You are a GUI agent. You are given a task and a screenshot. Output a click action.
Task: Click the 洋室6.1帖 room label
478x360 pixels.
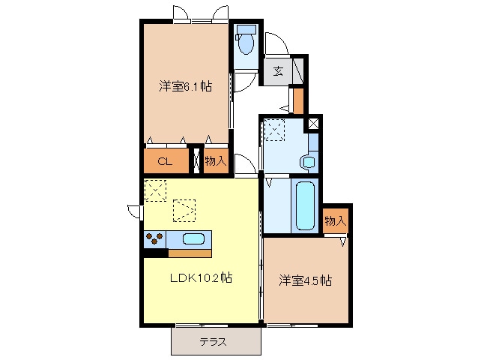coord(185,87)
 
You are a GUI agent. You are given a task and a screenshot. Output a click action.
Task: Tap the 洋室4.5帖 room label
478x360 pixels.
coord(306,280)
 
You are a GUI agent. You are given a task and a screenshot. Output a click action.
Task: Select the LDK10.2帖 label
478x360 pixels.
coord(202,277)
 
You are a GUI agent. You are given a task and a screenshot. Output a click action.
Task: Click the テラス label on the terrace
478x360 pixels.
coord(214,342)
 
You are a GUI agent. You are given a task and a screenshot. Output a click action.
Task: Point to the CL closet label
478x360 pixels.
coord(165,161)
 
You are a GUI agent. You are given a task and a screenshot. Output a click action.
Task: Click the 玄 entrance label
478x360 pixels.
coord(278,71)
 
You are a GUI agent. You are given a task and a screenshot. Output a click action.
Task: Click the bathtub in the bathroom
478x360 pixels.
coord(305,205)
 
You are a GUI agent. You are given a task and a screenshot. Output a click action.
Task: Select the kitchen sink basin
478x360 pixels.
coord(193,238)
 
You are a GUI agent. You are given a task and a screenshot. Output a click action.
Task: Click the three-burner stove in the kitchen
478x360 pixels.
coord(154,238)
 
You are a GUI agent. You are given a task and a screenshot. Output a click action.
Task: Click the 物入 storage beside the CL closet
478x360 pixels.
coord(216,160)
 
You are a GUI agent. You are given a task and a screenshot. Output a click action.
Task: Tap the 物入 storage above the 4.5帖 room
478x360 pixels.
coord(335,220)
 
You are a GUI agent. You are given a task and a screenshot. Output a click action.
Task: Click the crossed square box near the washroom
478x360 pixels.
coord(313,124)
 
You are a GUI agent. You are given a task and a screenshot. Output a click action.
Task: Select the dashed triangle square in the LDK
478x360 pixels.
coord(184,210)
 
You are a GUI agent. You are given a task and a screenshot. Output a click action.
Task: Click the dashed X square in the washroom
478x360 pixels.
coord(274,130)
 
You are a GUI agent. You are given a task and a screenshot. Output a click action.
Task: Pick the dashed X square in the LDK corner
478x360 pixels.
coord(155,190)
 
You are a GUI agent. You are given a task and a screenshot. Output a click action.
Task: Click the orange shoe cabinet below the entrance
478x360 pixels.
coord(298,101)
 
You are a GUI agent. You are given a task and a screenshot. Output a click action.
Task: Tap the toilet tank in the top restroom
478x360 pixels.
coord(246,29)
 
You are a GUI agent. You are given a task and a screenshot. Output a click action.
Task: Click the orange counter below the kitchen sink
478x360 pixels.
coord(190,253)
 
